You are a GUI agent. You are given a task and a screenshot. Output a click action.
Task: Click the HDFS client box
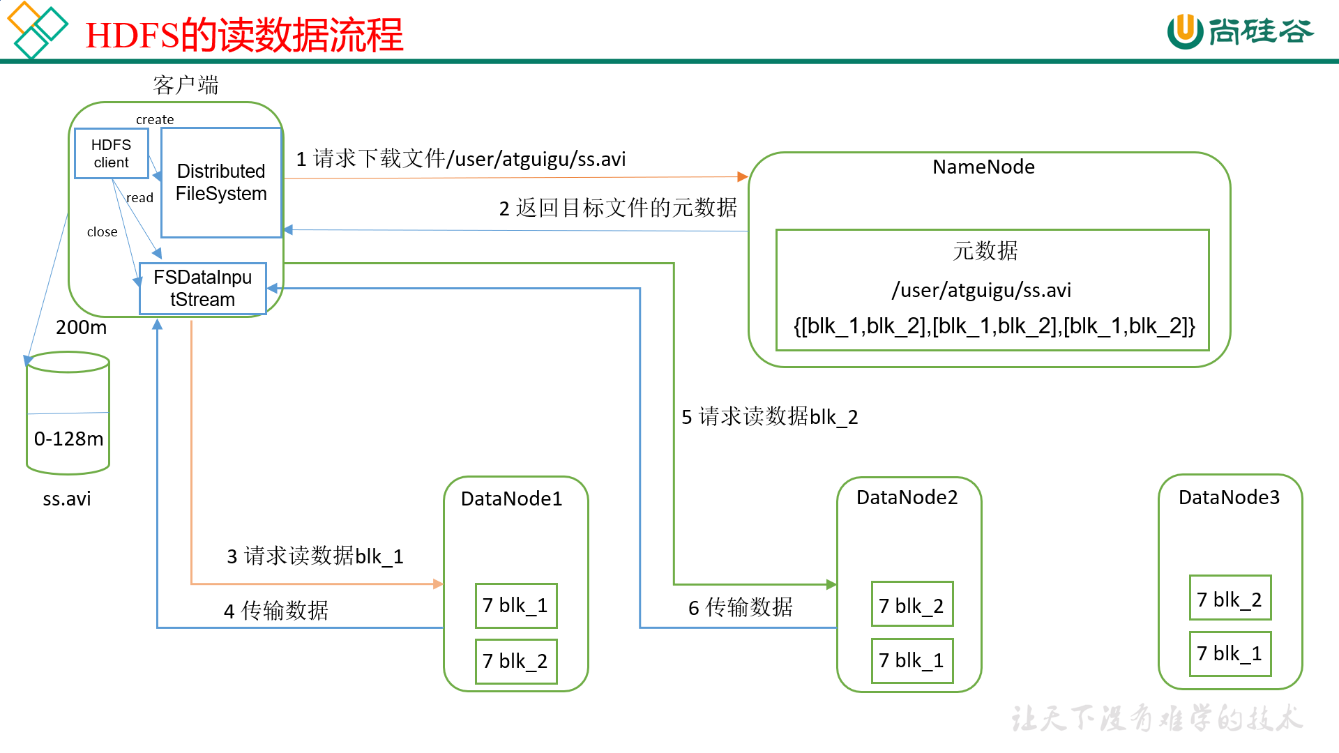click(x=111, y=153)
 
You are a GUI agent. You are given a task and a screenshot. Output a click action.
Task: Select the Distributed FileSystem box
click(x=221, y=183)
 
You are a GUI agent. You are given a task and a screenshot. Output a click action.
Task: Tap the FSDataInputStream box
click(x=202, y=288)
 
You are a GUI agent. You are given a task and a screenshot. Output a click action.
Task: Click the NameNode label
click(x=983, y=167)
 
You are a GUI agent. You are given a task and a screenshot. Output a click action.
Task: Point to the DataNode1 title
click(x=511, y=499)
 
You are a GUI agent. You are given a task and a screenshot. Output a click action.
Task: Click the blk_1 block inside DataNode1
click(x=515, y=605)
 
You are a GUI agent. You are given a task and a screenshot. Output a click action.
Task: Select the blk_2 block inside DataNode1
click(x=515, y=661)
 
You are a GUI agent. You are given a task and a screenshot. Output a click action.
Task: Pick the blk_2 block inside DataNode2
click(x=911, y=605)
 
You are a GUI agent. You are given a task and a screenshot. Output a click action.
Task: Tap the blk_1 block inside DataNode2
click(x=911, y=660)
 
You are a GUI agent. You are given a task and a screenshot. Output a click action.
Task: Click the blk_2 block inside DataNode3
click(x=1230, y=599)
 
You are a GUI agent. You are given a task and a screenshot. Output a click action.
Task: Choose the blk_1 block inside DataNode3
click(x=1230, y=654)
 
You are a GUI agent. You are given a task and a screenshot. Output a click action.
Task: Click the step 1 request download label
click(x=460, y=159)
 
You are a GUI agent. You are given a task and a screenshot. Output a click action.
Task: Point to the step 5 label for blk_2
click(x=769, y=417)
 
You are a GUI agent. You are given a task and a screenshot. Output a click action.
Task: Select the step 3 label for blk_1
click(x=315, y=556)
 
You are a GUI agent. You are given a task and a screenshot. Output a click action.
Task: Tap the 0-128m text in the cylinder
click(x=68, y=439)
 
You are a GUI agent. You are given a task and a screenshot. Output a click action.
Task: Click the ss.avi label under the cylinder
click(x=67, y=499)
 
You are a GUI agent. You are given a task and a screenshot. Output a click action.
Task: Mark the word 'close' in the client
click(x=102, y=232)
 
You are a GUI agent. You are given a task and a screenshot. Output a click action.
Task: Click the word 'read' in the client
click(x=139, y=198)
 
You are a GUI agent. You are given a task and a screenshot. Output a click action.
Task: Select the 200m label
click(x=81, y=327)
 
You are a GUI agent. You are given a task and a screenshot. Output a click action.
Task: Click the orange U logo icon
click(x=1184, y=31)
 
